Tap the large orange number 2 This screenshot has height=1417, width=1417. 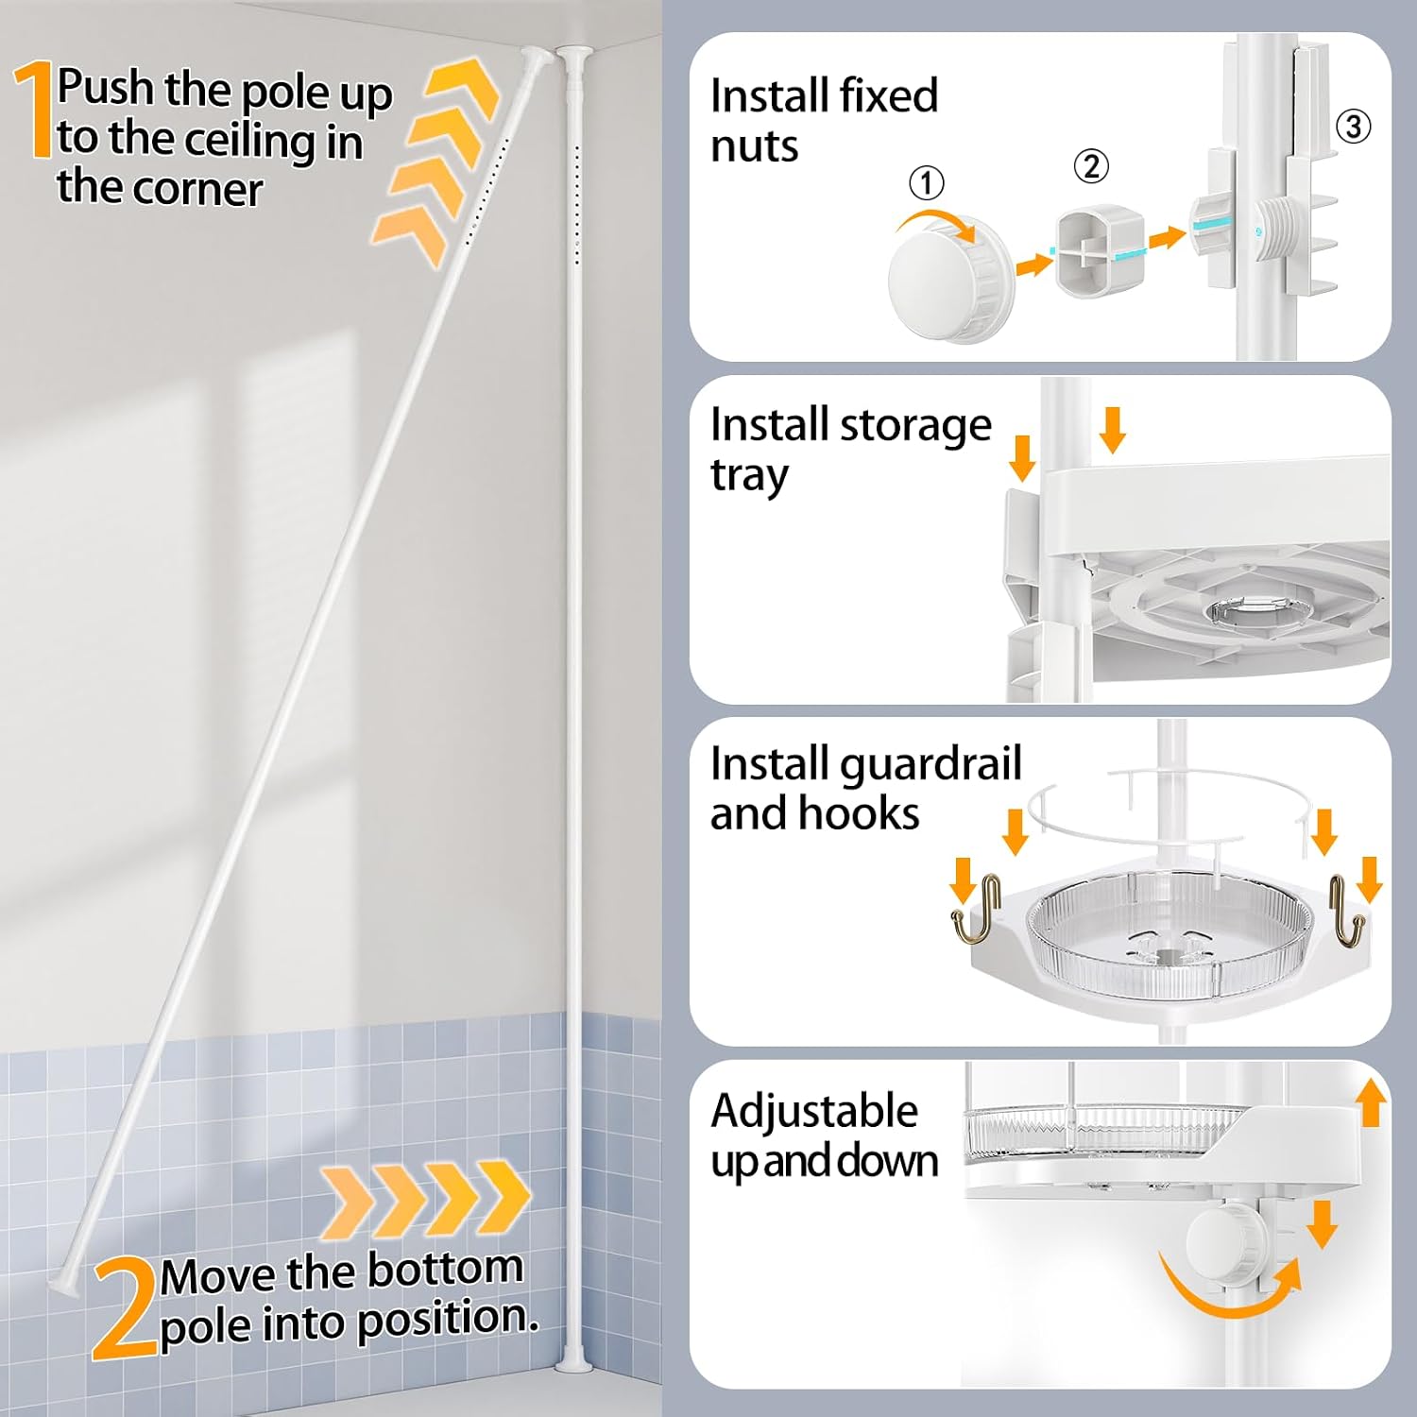click(124, 1308)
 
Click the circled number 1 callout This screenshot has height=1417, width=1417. click(926, 182)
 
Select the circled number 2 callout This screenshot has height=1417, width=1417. click(1091, 166)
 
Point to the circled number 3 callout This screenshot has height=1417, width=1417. click(1353, 126)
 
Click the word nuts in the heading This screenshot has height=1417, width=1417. click(754, 147)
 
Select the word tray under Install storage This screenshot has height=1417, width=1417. click(749, 477)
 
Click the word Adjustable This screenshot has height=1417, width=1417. click(814, 1111)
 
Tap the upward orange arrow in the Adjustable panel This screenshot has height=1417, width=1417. click(1371, 1103)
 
